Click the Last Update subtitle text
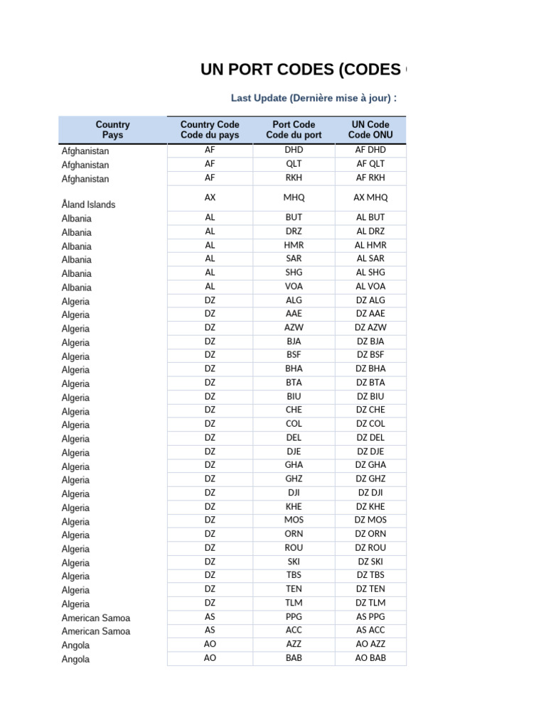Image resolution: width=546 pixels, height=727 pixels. (314, 98)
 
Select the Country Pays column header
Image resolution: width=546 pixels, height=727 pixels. (112, 130)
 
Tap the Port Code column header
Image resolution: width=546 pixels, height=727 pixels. (294, 130)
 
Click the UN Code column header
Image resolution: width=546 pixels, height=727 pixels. (370, 130)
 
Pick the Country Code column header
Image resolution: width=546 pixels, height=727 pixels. (210, 130)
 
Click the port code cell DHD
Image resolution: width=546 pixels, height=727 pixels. (294, 150)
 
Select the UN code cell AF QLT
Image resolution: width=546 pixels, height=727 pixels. (370, 164)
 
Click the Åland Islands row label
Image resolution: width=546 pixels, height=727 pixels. (88, 204)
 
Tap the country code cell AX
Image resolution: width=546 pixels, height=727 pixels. (210, 197)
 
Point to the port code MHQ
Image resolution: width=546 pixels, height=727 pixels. (294, 197)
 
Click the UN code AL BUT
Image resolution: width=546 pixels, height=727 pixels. (370, 217)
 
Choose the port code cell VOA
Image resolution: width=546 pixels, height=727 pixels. (294, 286)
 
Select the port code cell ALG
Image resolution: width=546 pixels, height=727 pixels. (294, 300)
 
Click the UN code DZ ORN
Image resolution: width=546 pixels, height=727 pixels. (370, 534)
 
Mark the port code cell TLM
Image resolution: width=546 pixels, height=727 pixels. (294, 603)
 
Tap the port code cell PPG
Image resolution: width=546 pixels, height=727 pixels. (294, 617)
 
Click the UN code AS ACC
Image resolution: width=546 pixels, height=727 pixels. (370, 630)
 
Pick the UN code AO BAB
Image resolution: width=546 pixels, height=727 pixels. (370, 658)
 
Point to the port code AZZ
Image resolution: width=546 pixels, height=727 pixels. (294, 644)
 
